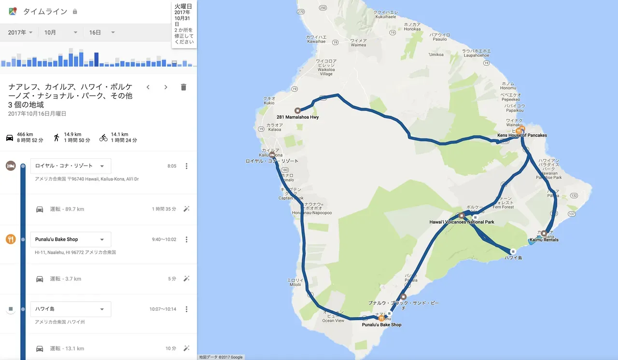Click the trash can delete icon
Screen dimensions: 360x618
(183, 87)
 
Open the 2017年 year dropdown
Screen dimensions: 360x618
(20, 32)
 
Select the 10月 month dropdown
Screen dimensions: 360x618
(61, 32)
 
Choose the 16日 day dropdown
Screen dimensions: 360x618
(101, 32)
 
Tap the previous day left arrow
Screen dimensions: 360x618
(148, 87)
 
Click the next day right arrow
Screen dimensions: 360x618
(166, 87)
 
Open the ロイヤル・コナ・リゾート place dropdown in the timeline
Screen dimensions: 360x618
(70, 166)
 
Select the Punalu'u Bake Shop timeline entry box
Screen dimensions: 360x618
(70, 239)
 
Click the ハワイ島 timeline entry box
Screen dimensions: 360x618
(70, 309)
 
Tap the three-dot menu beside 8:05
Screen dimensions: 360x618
(187, 166)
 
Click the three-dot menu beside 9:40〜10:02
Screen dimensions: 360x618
(187, 239)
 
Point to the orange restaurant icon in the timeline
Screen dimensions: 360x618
(11, 239)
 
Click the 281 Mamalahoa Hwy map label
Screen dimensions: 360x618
(297, 117)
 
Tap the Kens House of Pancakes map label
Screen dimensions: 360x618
(522, 136)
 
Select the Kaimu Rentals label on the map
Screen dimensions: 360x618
(544, 240)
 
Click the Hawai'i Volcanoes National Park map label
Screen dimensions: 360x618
(462, 222)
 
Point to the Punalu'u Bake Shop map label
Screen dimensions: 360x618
(381, 325)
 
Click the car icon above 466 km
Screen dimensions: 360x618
(10, 138)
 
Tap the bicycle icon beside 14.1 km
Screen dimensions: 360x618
(103, 138)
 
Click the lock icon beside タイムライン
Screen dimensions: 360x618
(75, 12)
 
